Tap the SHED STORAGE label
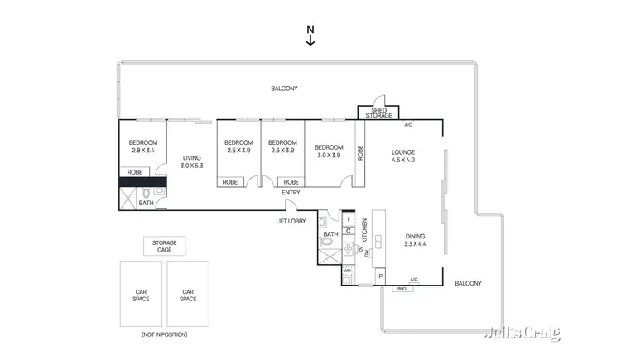coord(378,113)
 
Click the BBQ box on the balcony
coord(402,288)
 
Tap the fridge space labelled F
coord(349,220)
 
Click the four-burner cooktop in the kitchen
coord(349,248)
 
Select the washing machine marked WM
coord(349,271)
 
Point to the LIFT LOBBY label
coord(291,221)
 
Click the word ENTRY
coord(291,193)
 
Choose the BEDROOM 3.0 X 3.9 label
coord(329,151)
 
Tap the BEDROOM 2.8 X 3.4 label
coord(143,146)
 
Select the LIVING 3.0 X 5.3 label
coord(192,161)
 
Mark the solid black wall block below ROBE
coord(143,181)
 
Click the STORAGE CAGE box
coord(164,246)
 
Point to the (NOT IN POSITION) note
coord(164,334)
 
